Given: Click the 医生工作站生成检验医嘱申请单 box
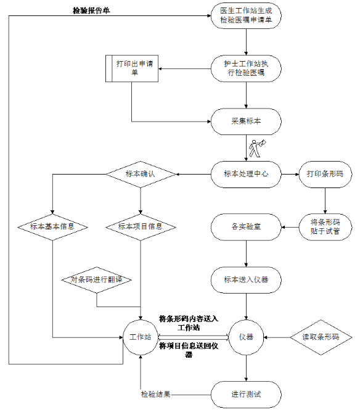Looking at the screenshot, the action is tap(246, 16).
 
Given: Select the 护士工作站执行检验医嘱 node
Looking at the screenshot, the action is tap(246, 68).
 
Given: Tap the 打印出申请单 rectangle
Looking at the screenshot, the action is tap(132, 68).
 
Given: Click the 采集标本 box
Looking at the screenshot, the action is tap(246, 122).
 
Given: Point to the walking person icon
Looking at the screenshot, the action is tap(257, 149).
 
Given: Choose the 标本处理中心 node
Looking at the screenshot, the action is tap(246, 174).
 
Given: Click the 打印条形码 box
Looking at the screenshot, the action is tap(325, 174).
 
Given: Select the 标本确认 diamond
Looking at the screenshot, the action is tap(141, 174).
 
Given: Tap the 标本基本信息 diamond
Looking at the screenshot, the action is tap(52, 227).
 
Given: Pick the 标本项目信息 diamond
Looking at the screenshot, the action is tap(141, 227).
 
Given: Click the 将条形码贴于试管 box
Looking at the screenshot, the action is tap(325, 227).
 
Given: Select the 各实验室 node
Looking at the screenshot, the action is tap(246, 227).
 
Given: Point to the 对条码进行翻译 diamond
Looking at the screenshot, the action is tap(97, 280).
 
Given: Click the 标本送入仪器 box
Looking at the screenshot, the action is tap(246, 280).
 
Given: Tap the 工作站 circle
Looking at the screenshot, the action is tap(141, 337).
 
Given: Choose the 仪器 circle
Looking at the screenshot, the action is tap(246, 337).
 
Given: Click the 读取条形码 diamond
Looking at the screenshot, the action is tap(321, 337).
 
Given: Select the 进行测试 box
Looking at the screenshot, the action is tap(246, 394).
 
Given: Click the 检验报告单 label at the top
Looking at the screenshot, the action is tap(91, 10).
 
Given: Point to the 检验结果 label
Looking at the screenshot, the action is tap(156, 394).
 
